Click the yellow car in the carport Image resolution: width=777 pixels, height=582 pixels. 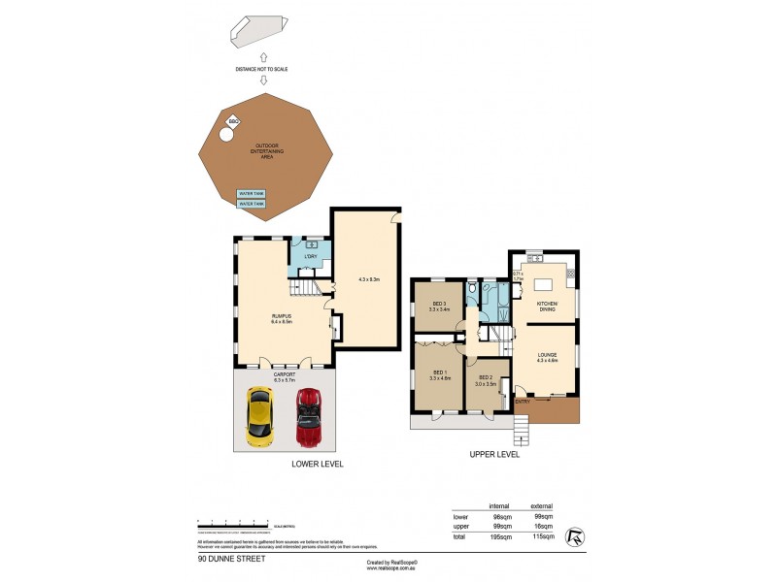(x=259, y=413)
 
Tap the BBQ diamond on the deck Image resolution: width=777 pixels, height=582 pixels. (x=233, y=121)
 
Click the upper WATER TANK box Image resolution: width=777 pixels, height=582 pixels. (x=252, y=194)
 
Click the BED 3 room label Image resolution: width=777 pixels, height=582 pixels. (x=439, y=306)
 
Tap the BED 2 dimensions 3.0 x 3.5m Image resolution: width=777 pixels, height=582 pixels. (x=486, y=384)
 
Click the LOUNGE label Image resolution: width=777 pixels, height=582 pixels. (x=548, y=356)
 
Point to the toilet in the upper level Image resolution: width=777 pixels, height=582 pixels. (x=470, y=288)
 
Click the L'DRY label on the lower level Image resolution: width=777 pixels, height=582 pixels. (x=311, y=257)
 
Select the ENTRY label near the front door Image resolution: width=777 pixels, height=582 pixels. (x=522, y=400)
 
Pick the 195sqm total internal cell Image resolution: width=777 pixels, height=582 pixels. (x=499, y=536)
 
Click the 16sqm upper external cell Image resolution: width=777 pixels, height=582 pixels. (x=543, y=527)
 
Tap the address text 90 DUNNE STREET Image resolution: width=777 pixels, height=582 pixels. (x=230, y=560)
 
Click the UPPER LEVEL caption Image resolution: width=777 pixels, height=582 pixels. (x=493, y=454)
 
